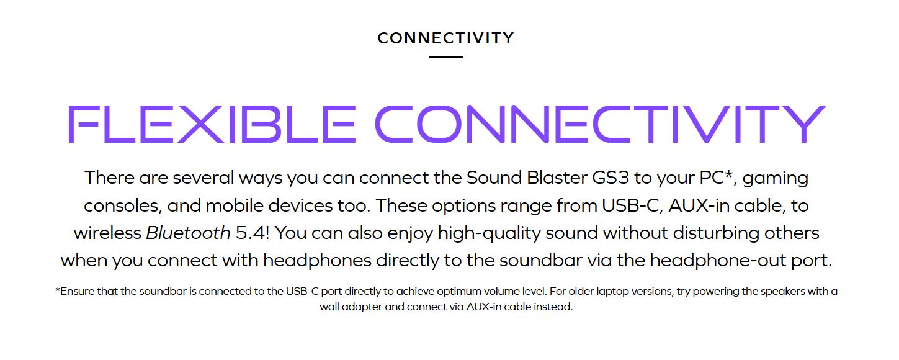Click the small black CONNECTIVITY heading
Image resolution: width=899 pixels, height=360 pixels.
(x=445, y=38)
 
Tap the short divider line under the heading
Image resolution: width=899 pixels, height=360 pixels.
(x=446, y=57)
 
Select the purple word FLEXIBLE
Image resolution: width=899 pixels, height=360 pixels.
(x=212, y=124)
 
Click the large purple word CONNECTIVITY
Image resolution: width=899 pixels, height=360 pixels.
(x=601, y=124)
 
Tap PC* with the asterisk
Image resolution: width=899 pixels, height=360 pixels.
(x=716, y=178)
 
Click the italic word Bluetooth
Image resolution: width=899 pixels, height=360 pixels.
(x=188, y=233)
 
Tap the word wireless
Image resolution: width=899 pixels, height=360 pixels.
(x=107, y=233)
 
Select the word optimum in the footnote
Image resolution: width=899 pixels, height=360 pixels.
(x=458, y=292)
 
